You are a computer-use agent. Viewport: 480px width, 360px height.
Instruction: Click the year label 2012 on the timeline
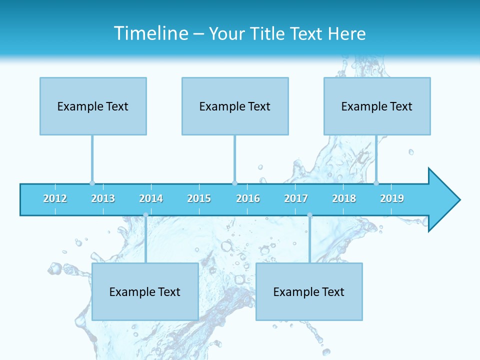tap(55, 198)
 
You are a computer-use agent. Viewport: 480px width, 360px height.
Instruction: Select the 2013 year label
tap(103, 198)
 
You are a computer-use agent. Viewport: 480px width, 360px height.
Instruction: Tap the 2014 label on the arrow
tap(151, 198)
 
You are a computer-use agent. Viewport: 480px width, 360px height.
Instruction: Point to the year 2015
tap(199, 198)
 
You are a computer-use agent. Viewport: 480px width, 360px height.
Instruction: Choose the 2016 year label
tap(248, 198)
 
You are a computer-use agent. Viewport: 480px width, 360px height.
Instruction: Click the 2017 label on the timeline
tap(296, 198)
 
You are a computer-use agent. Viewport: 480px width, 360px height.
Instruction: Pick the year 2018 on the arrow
tap(344, 198)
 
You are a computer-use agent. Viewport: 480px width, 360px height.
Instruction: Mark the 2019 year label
tap(392, 198)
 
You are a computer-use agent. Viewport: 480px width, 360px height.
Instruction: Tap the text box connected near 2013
tap(93, 106)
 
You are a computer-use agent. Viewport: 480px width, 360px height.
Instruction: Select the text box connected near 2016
tap(235, 106)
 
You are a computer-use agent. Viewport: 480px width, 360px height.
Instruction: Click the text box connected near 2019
tap(377, 106)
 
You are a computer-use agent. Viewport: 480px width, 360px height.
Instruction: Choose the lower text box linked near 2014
tap(145, 291)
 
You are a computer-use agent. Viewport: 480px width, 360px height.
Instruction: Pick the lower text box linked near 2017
tap(309, 291)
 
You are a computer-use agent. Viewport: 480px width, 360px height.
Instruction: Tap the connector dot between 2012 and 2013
tap(92, 183)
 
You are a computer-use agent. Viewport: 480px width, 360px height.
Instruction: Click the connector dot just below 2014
tap(145, 215)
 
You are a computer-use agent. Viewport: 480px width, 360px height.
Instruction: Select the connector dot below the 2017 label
tap(309, 215)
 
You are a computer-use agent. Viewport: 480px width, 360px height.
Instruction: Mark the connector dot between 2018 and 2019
tap(376, 183)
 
